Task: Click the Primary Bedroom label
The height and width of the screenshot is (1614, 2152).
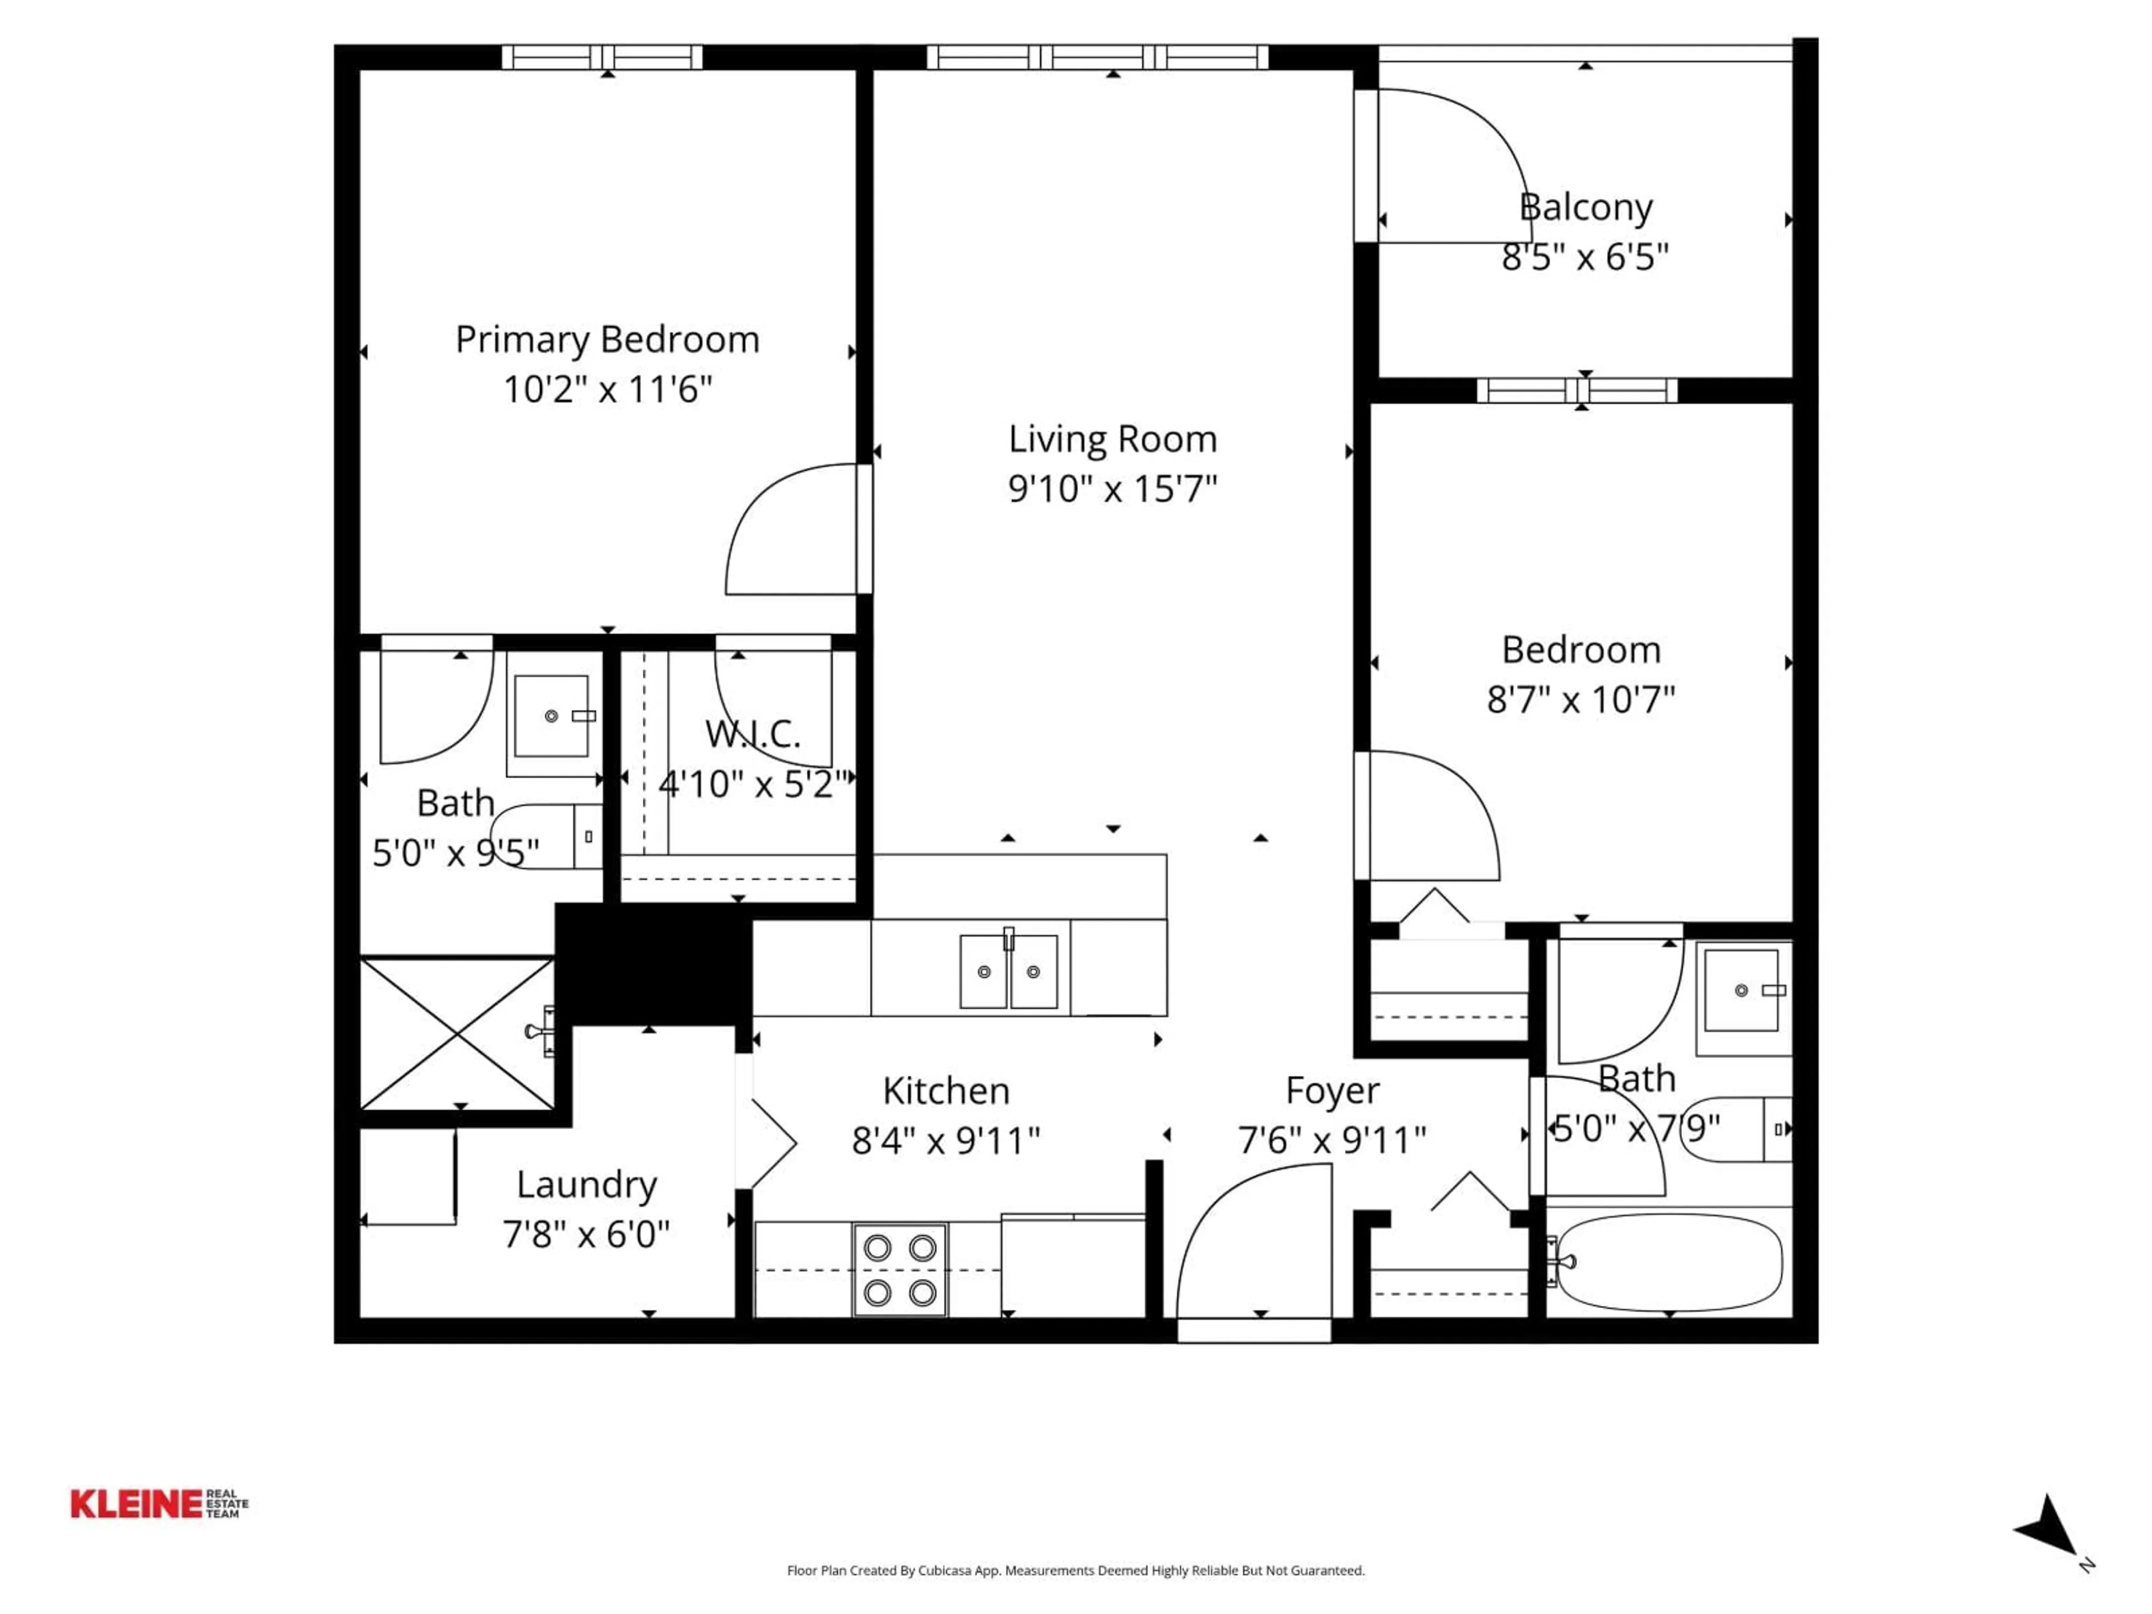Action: click(607, 340)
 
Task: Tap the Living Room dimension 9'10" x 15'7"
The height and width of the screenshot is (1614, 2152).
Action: click(1112, 488)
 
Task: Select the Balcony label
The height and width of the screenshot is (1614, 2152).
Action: click(1585, 207)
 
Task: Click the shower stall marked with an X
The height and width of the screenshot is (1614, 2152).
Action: click(456, 1033)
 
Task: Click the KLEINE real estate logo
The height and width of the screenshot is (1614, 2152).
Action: click(159, 1503)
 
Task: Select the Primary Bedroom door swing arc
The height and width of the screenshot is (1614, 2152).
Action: click(778, 530)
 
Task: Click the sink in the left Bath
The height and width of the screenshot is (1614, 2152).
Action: click(551, 716)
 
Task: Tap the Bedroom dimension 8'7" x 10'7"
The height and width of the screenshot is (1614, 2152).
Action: click(1580, 699)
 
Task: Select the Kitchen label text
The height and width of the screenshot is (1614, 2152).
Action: click(945, 1091)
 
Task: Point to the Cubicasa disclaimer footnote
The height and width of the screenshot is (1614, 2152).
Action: click(1075, 1569)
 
